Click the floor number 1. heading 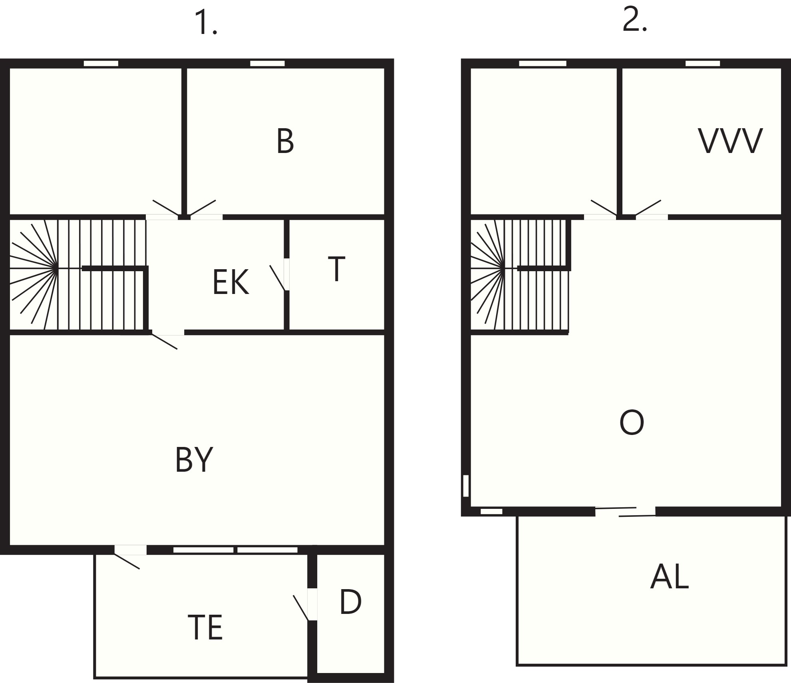(x=206, y=23)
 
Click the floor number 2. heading (x=635, y=20)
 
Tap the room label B (x=285, y=141)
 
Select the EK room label (x=231, y=282)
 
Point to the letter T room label (x=336, y=269)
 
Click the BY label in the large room (x=194, y=459)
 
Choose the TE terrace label (x=205, y=627)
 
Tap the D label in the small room (x=350, y=602)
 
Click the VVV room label (x=730, y=141)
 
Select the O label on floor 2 (x=632, y=423)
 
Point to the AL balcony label (x=670, y=577)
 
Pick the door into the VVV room (x=650, y=210)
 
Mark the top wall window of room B (x=267, y=64)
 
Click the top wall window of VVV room (x=703, y=64)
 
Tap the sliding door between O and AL (x=625, y=512)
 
